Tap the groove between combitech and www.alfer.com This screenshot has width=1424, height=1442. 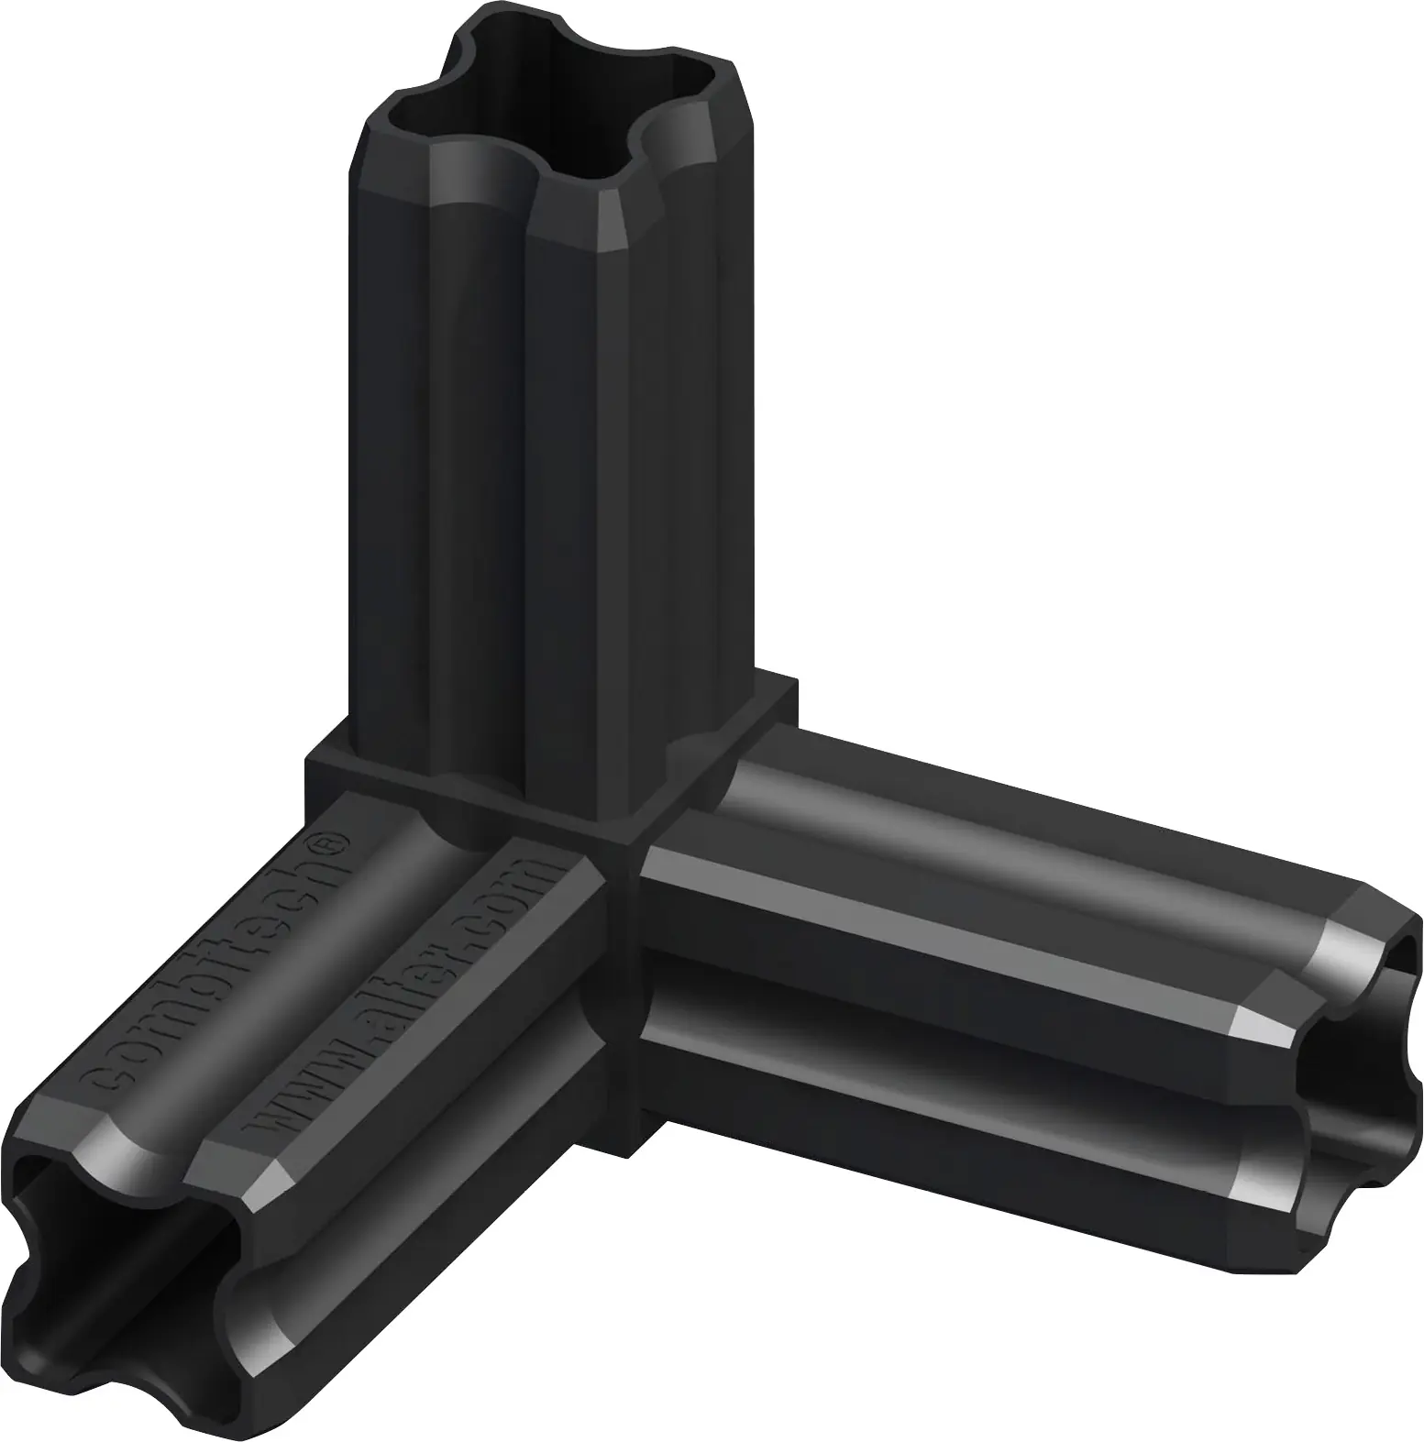[303, 990]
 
